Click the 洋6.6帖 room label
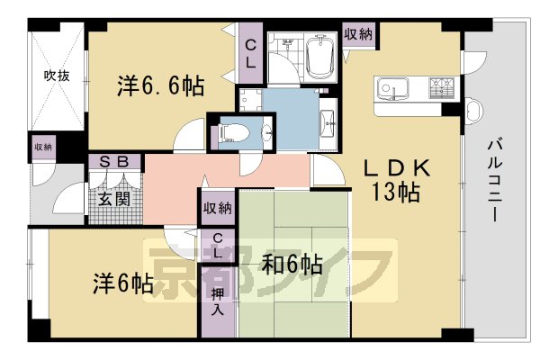(160, 87)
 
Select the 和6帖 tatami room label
(292, 265)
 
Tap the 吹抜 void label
(56, 76)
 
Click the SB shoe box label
(116, 162)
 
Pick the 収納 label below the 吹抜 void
(43, 147)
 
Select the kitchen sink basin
(394, 89)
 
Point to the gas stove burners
(442, 88)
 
